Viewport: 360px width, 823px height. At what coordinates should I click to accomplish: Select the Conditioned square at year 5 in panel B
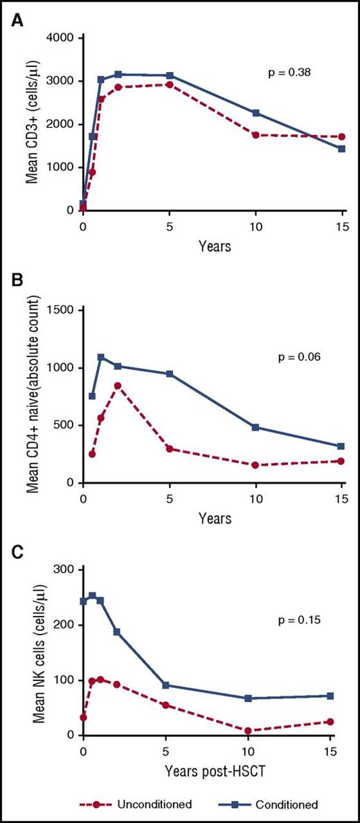[x=170, y=374]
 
